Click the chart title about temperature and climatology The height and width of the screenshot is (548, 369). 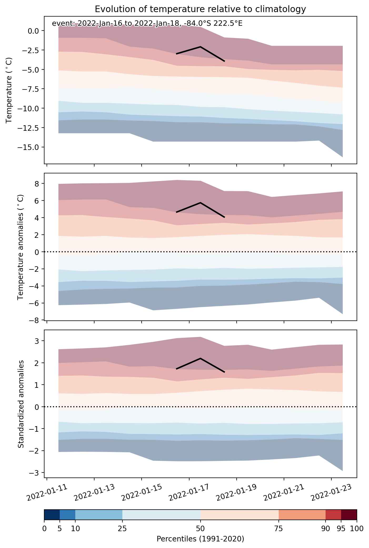click(200, 9)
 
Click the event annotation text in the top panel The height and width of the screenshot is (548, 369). click(147, 24)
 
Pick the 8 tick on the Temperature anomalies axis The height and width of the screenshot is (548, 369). click(36, 183)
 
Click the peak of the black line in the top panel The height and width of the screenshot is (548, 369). click(201, 47)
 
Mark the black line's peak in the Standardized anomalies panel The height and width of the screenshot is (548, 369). click(201, 358)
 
